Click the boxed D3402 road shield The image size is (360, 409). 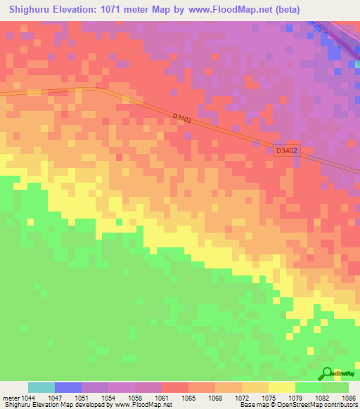pos(286,150)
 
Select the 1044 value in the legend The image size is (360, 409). pos(28,398)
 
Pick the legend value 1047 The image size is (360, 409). pos(55,398)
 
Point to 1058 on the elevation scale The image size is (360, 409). pos(135,398)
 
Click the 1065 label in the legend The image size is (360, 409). pos(188,398)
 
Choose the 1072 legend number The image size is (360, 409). pos(242,398)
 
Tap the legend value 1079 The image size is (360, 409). pos(295,398)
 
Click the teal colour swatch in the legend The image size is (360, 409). pos(41,387)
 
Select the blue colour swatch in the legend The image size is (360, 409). pos(68,387)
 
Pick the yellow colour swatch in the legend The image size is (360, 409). pos(282,387)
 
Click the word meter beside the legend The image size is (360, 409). pos(11,398)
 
